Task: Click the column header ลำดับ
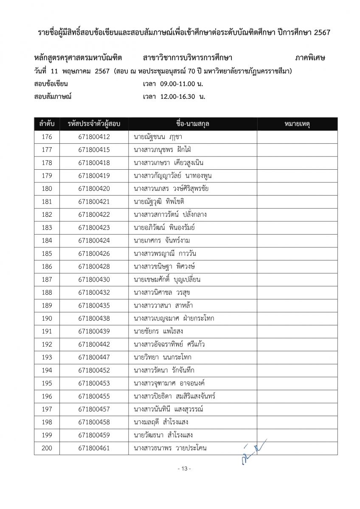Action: point(47,124)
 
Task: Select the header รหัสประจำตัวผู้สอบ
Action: point(94,124)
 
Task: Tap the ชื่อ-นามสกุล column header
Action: point(192,124)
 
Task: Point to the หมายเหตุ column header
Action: point(297,124)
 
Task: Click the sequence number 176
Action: point(47,137)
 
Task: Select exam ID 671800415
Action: point(94,150)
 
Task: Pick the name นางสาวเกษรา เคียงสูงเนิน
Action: point(169,163)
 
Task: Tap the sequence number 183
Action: point(47,228)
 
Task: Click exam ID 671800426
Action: point(94,254)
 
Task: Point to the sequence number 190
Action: point(47,319)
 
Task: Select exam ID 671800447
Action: point(94,357)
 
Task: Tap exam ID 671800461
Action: point(94,448)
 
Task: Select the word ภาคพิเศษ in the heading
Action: point(310,58)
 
